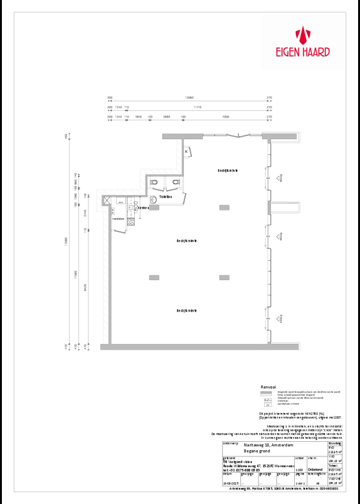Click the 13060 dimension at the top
pyautogui.click(x=189, y=98)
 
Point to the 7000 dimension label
pyautogui.click(x=225, y=117)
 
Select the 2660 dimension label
pyautogui.click(x=166, y=117)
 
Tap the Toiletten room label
pyautogui.click(x=166, y=196)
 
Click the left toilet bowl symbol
pyautogui.click(x=154, y=182)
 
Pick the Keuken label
pyautogui.click(x=142, y=207)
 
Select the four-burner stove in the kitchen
pyautogui.click(x=132, y=221)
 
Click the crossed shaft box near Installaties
pyautogui.click(x=107, y=201)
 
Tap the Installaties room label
pyautogui.click(x=119, y=219)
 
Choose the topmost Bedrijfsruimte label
pyautogui.click(x=228, y=171)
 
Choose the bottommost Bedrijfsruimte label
pyautogui.click(x=188, y=310)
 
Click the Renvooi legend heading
pyautogui.click(x=269, y=388)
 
